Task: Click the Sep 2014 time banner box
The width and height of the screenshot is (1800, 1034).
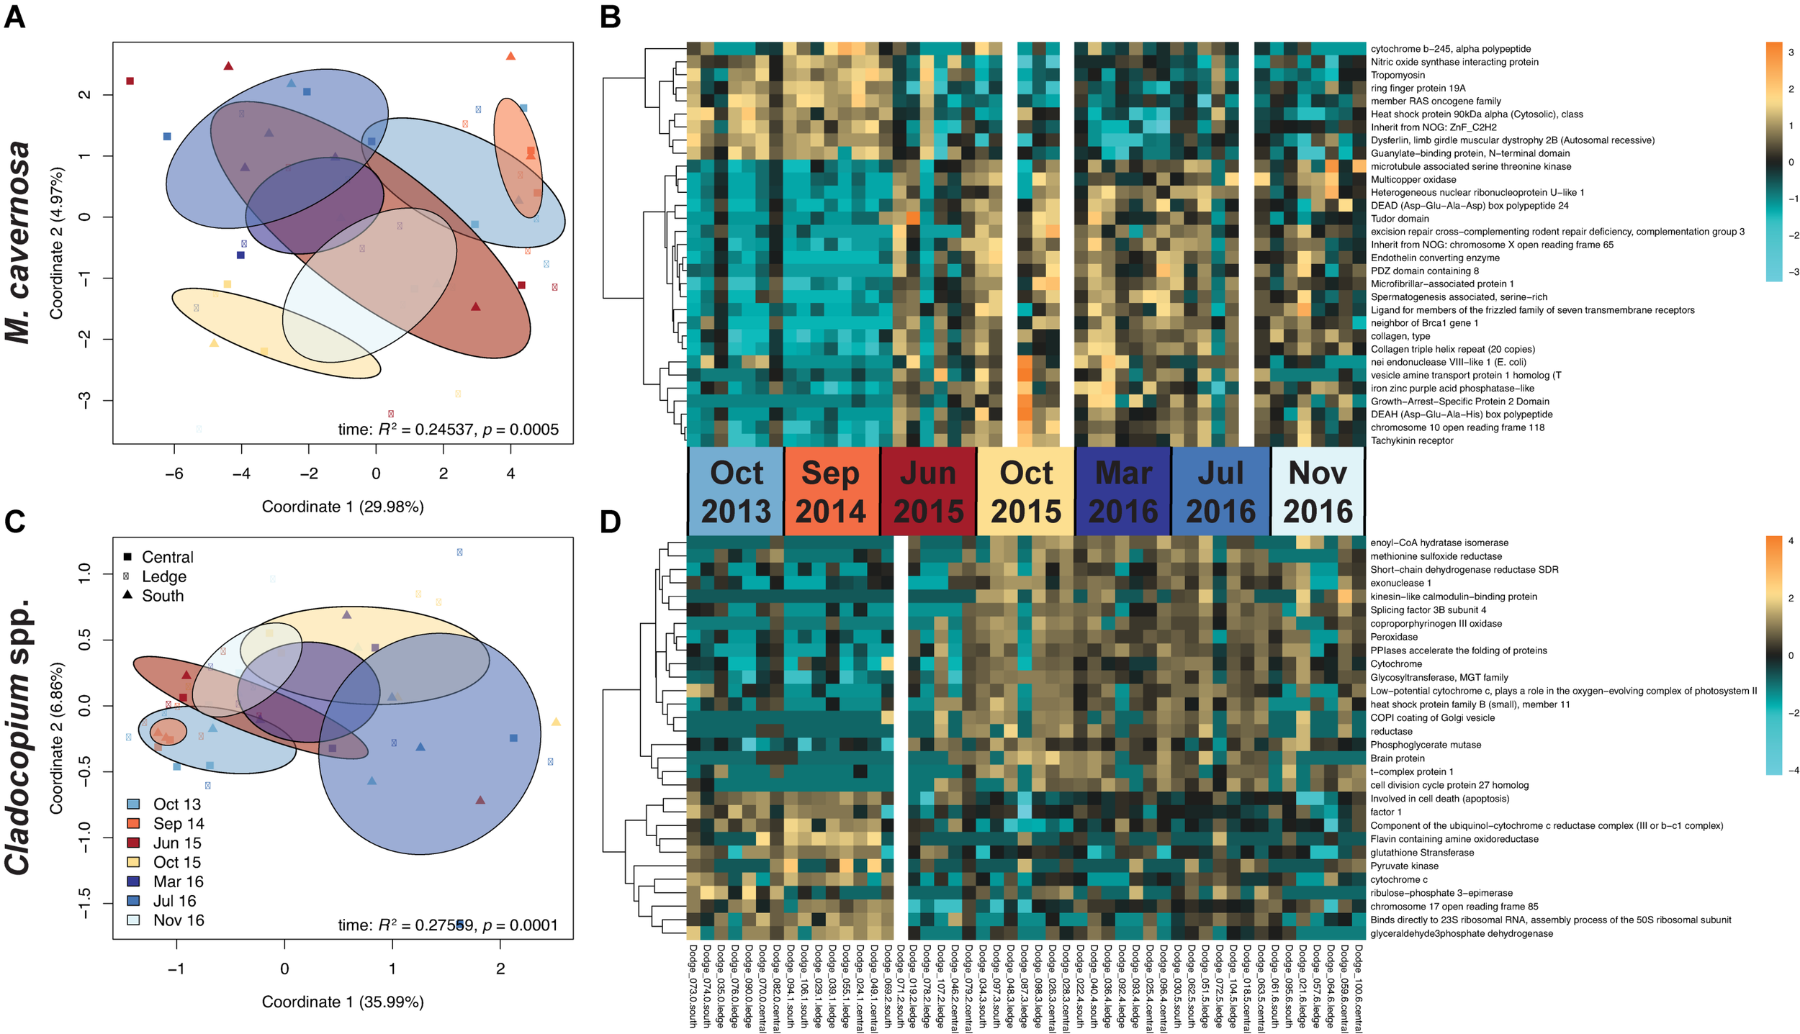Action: (831, 491)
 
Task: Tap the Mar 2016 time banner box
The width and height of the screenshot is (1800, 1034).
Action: (1123, 491)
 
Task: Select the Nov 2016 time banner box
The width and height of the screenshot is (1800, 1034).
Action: (1317, 491)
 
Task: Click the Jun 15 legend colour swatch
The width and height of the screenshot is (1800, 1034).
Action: (134, 843)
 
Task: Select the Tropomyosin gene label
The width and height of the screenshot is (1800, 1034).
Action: (1397, 76)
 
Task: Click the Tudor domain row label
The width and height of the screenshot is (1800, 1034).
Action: (1400, 219)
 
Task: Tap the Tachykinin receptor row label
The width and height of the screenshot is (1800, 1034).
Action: (1411, 440)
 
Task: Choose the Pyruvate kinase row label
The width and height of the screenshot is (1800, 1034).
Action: (1404, 866)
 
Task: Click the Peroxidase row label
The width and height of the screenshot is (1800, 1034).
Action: (1394, 637)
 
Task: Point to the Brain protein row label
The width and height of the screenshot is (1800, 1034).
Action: (1397, 758)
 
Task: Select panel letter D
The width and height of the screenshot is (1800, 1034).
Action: (610, 522)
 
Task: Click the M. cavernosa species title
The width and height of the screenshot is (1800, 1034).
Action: (20, 242)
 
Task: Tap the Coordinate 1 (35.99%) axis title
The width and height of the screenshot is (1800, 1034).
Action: (343, 1002)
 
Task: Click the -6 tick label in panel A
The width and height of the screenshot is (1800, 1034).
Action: (174, 473)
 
